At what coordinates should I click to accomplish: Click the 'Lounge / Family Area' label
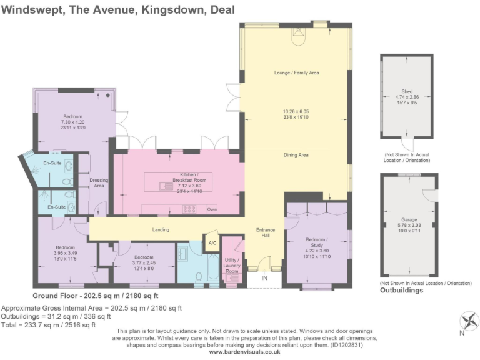pyautogui.click(x=296, y=73)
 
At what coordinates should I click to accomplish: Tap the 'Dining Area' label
pyautogui.click(x=296, y=155)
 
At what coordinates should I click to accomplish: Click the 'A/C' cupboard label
pyautogui.click(x=212, y=242)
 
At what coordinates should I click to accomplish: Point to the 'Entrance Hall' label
pyautogui.click(x=266, y=233)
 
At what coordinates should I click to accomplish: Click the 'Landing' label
pyautogui.click(x=161, y=230)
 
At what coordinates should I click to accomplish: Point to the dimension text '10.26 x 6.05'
pyautogui.click(x=296, y=112)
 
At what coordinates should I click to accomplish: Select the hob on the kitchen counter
pyautogui.click(x=188, y=209)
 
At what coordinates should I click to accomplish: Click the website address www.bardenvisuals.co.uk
pyautogui.click(x=244, y=352)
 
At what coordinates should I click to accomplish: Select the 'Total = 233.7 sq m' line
pyautogui.click(x=49, y=324)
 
